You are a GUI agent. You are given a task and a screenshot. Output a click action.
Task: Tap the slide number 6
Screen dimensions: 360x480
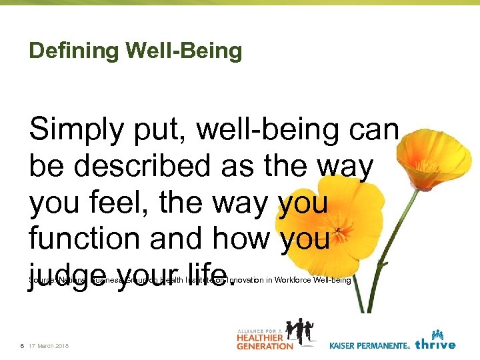click(23, 345)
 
